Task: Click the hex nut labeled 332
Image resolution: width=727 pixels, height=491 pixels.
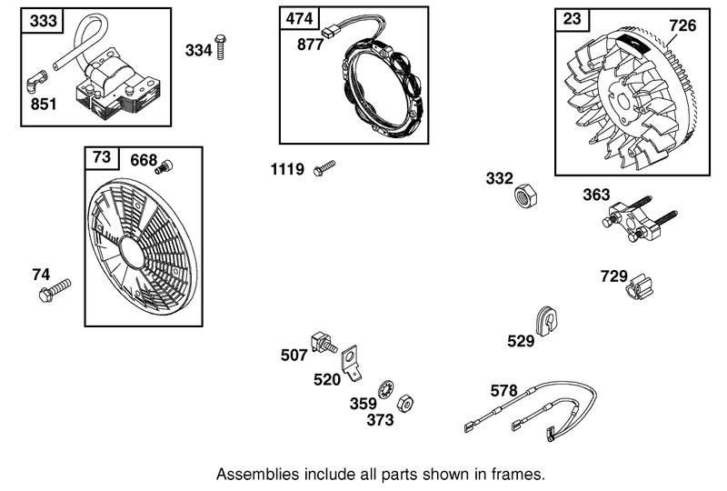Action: [526, 193]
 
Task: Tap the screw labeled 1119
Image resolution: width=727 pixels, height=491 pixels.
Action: [324, 169]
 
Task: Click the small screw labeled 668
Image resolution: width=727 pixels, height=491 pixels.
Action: [165, 166]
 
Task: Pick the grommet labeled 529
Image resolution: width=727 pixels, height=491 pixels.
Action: [546, 321]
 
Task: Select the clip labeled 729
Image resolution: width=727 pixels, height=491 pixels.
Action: [641, 288]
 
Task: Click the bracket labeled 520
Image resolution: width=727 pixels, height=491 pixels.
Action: [353, 364]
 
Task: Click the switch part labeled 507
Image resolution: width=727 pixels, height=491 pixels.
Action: [324, 344]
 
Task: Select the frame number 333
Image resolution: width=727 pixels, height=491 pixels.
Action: [39, 20]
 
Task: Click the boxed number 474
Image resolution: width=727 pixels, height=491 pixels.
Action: [297, 18]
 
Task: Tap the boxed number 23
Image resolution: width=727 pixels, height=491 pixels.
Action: [573, 17]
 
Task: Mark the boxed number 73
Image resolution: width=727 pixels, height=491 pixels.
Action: [102, 156]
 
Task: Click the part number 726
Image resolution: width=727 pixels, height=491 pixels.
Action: [682, 25]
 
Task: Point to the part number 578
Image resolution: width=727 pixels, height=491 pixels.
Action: [503, 390]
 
